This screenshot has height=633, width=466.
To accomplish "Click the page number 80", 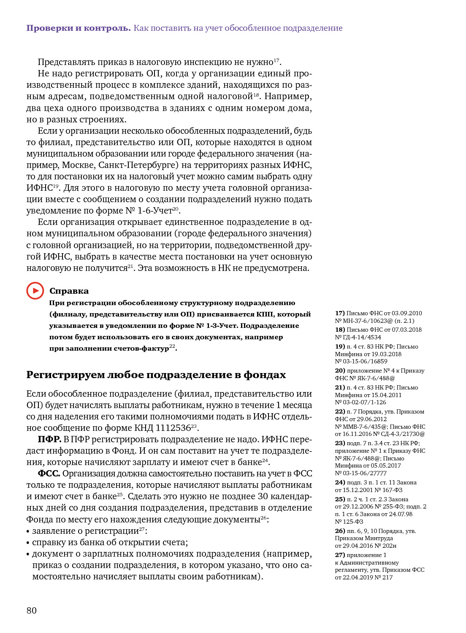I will (x=32, y=610).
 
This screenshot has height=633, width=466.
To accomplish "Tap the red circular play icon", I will (x=35, y=291).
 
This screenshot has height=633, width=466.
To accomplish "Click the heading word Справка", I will (x=69, y=291).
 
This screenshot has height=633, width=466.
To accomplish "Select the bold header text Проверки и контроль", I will (x=79, y=28).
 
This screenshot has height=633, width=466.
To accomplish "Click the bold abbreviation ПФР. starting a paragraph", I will (x=49, y=439).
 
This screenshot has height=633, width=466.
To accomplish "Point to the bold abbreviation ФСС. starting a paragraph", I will (x=49, y=473).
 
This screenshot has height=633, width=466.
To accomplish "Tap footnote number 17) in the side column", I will (x=340, y=313).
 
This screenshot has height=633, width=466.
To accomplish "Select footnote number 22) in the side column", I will (x=340, y=411).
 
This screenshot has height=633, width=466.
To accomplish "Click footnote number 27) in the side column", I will (x=340, y=555).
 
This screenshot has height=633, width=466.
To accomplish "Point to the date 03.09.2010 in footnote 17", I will (x=406, y=313).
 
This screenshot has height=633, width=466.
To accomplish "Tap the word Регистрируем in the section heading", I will (x=65, y=375).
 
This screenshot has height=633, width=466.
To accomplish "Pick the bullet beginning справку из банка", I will (x=110, y=542).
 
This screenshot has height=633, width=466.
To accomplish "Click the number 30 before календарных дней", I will (x=263, y=496).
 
